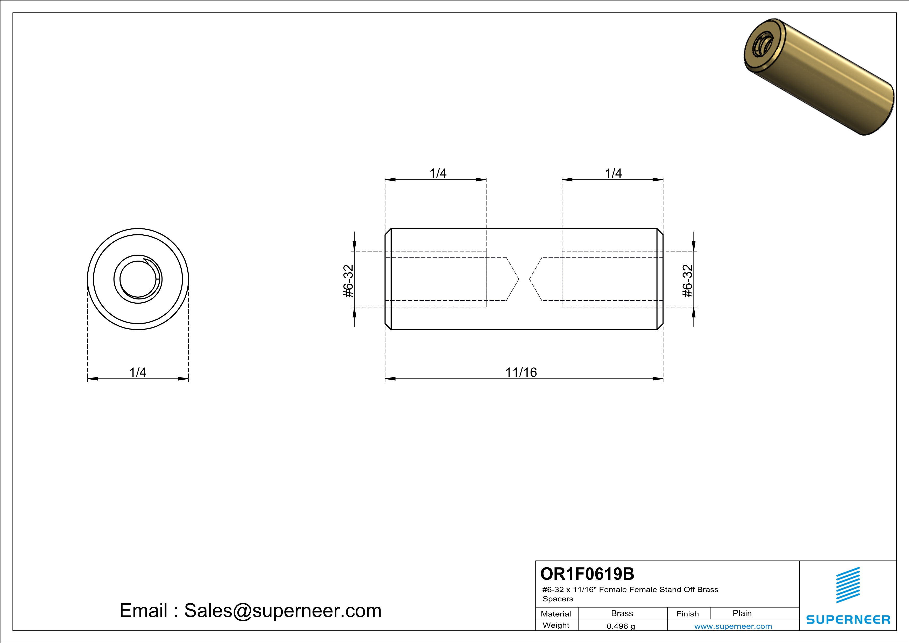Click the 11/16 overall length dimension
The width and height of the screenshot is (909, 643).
[521, 372]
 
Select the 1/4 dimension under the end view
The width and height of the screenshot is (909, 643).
[138, 372]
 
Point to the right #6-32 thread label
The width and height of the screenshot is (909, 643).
[688, 281]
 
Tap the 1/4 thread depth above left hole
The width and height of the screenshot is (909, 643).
[438, 173]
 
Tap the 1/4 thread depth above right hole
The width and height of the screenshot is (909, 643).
[613, 173]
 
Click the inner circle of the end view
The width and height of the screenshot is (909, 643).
[138, 279]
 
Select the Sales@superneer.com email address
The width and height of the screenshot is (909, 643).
[283, 611]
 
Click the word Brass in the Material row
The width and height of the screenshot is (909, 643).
[622, 613]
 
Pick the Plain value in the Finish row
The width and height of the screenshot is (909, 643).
[742, 613]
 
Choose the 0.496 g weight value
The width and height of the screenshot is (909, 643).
[621, 626]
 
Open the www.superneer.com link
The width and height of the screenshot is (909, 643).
[733, 626]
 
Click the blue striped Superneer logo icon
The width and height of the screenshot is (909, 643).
[848, 585]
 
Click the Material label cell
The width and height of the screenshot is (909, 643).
[556, 614]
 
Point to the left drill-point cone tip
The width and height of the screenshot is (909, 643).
[518, 279]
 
